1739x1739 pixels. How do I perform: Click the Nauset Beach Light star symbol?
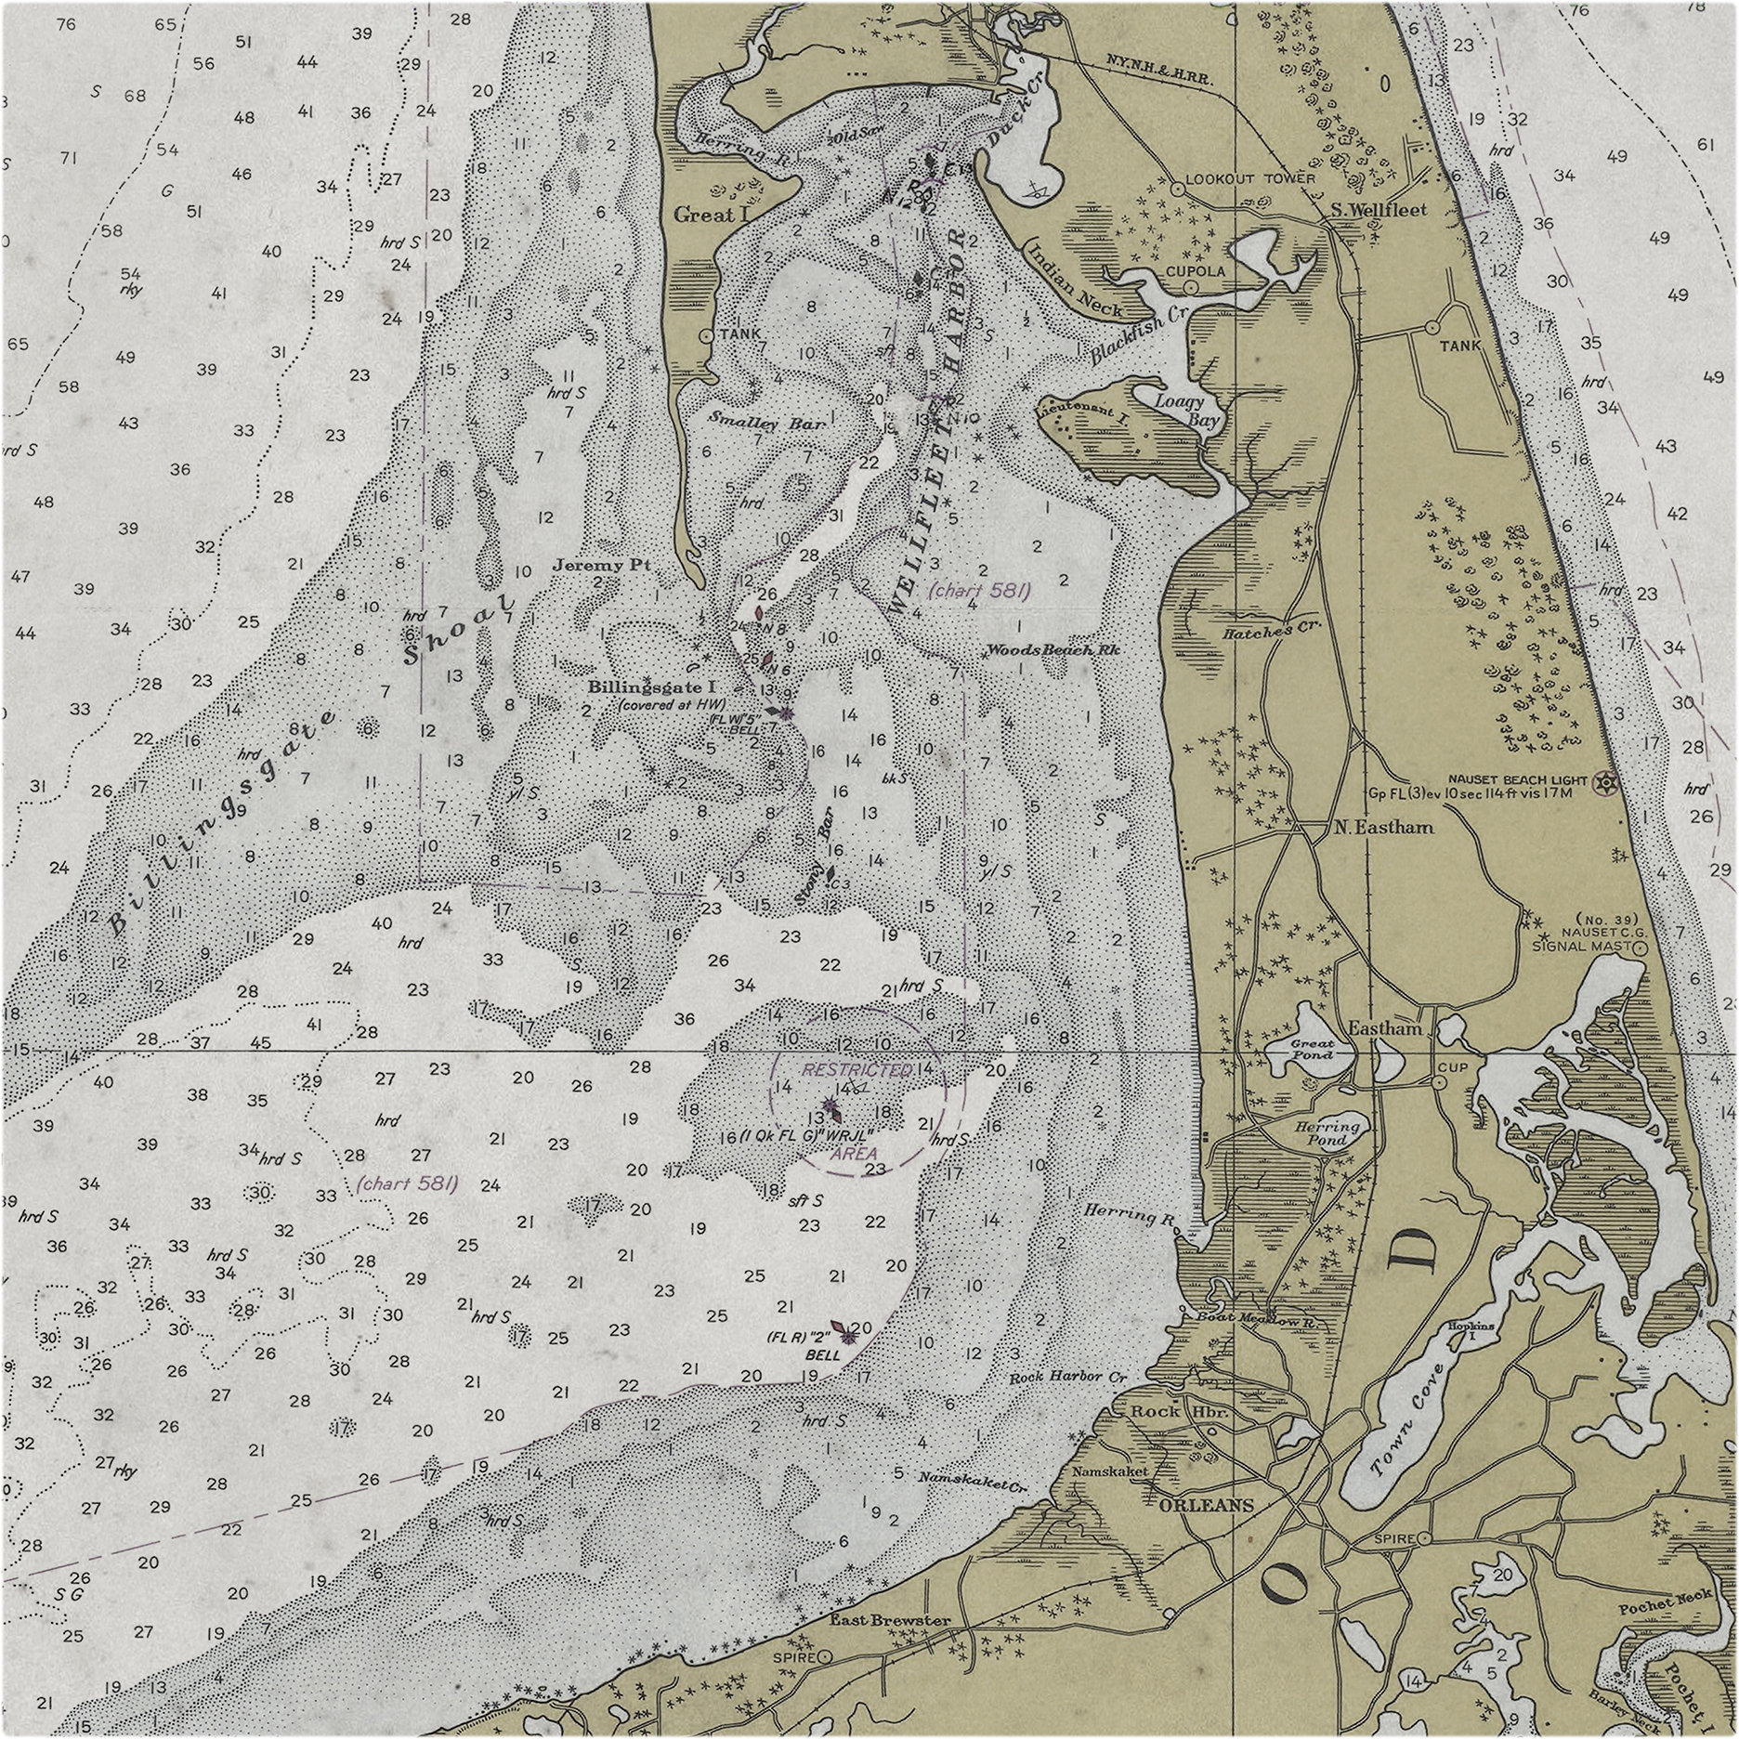coord(1602,784)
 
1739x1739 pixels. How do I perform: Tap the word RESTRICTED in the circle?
coord(857,1069)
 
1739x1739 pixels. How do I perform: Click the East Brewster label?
coord(889,1620)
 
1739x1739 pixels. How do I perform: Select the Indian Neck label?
coord(1075,278)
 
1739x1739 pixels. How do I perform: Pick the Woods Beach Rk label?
coord(1053,650)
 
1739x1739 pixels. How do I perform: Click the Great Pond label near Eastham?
coord(1312,1049)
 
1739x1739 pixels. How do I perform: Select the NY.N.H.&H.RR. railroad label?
coord(1158,72)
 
